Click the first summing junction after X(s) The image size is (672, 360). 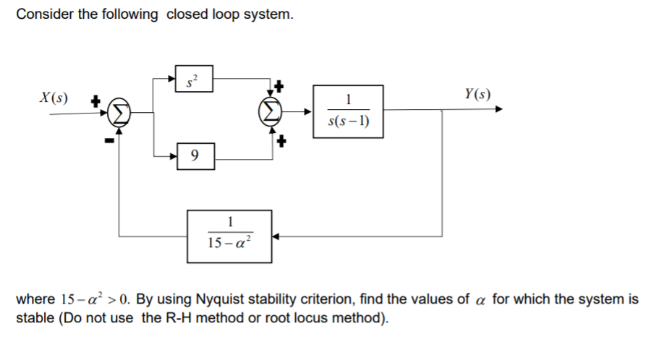(119, 112)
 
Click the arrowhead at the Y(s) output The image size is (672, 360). (498, 111)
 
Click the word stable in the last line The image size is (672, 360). (33, 319)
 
